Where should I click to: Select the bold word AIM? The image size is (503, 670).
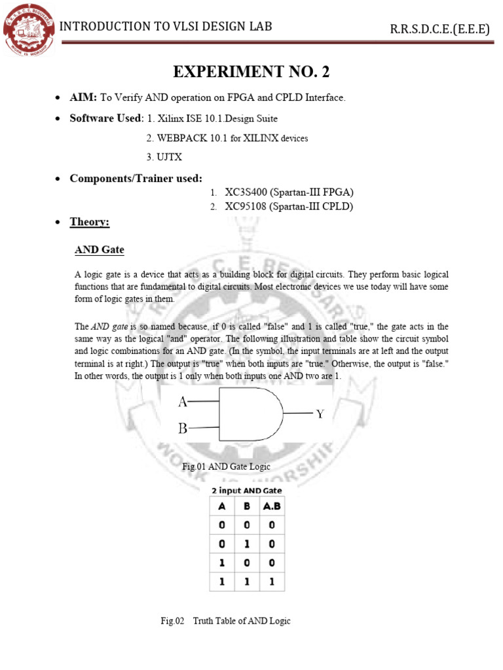coord(84,97)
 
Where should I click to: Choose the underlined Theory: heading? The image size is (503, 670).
coord(90,222)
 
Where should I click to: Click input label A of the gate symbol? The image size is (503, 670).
coord(183,402)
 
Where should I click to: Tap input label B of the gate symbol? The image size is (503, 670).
coord(183,429)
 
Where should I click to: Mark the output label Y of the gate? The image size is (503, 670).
coord(320,414)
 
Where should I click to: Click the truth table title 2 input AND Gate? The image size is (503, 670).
coord(246,490)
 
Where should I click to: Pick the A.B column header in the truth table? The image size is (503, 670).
coord(272,506)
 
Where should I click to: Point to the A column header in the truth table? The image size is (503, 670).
coord(221,506)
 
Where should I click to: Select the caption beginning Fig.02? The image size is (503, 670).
coord(226,621)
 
